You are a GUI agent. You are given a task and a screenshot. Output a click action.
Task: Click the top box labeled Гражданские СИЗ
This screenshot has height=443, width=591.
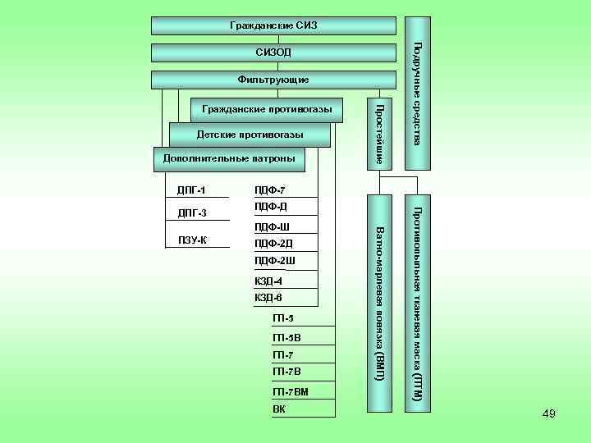(x=274, y=25)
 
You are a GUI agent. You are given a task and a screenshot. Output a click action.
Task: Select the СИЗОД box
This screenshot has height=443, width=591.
(x=274, y=53)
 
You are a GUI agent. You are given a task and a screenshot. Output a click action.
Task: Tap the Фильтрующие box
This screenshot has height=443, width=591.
(x=273, y=80)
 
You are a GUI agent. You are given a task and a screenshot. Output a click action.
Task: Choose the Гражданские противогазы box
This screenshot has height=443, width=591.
(x=267, y=109)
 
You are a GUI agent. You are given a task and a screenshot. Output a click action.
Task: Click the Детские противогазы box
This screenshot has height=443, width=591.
(x=250, y=135)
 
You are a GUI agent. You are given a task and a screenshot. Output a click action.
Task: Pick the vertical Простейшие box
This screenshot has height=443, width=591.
(x=378, y=134)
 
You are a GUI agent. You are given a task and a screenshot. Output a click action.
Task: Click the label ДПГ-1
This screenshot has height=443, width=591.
(x=191, y=191)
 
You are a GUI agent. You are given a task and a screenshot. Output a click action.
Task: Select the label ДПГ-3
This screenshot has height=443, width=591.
(x=191, y=214)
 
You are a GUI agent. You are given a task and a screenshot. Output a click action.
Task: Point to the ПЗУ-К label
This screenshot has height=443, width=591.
(x=193, y=240)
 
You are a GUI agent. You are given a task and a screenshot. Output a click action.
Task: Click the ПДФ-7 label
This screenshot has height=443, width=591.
(x=270, y=191)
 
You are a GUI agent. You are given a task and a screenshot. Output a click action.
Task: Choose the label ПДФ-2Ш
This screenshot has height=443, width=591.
(x=274, y=261)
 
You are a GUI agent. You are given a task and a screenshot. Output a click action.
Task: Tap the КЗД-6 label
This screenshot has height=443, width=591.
(x=268, y=297)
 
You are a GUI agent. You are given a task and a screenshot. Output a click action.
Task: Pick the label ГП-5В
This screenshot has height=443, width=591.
(x=286, y=338)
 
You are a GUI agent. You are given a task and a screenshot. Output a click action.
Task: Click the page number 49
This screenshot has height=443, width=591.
(x=548, y=414)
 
